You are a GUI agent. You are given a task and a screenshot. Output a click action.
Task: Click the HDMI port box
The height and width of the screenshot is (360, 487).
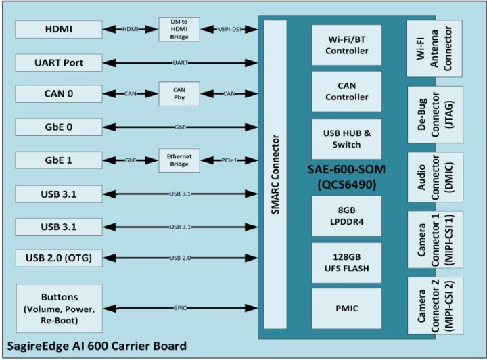click(59, 29)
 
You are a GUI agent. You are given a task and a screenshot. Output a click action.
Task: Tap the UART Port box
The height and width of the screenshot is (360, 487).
click(59, 62)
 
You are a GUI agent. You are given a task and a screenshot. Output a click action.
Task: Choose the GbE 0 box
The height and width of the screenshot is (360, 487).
click(59, 127)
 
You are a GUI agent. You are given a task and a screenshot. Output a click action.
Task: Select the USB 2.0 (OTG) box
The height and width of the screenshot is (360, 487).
click(59, 258)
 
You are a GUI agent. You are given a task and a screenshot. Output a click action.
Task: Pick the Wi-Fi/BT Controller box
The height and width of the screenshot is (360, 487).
click(346, 45)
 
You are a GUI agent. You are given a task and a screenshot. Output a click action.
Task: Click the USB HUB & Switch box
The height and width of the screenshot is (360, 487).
click(346, 139)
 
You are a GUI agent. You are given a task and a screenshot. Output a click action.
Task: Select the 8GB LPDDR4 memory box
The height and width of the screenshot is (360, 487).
click(346, 216)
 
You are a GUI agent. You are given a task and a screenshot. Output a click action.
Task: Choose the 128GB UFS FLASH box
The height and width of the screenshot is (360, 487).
click(346, 262)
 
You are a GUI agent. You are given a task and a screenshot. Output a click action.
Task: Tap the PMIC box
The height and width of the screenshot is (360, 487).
click(346, 309)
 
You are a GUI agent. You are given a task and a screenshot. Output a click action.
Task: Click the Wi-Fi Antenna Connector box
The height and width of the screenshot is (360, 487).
click(435, 48)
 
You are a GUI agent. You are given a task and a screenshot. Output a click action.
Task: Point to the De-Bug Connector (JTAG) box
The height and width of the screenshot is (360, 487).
click(435, 114)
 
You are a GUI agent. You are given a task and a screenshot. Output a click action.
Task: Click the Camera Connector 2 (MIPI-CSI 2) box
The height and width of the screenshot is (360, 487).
click(435, 306)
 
